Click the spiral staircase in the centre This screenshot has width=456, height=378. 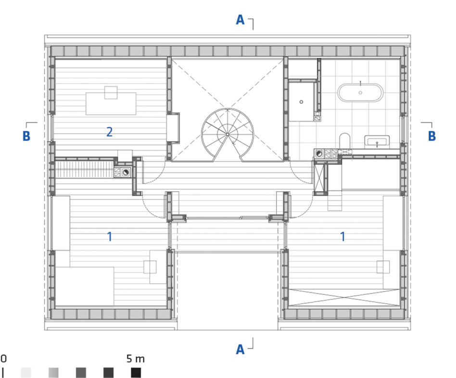[x=228, y=134]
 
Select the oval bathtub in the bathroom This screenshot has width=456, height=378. [x=360, y=93]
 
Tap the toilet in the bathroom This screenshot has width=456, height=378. [x=345, y=140]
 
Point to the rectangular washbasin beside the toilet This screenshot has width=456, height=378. [x=377, y=142]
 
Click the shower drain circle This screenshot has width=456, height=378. [x=301, y=102]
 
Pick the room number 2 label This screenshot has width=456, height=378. [x=109, y=132]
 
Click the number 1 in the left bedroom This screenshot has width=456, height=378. [x=110, y=237]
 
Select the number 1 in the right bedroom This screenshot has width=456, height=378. [x=343, y=237]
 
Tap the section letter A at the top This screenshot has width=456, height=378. [x=240, y=20]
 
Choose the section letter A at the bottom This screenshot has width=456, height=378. [x=240, y=349]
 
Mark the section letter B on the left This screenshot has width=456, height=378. [x=26, y=136]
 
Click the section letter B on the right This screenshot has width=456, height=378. [x=432, y=136]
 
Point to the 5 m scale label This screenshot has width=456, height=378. [x=135, y=359]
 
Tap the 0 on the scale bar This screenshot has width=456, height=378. [x=3, y=358]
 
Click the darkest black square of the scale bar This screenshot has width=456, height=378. [x=136, y=373]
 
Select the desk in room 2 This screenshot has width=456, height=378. [x=111, y=103]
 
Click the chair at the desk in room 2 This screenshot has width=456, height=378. [x=111, y=92]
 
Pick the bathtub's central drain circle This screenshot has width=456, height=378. [x=360, y=93]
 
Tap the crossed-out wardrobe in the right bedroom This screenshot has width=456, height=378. [x=344, y=297]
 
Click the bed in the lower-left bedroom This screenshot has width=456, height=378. [x=84, y=287]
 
